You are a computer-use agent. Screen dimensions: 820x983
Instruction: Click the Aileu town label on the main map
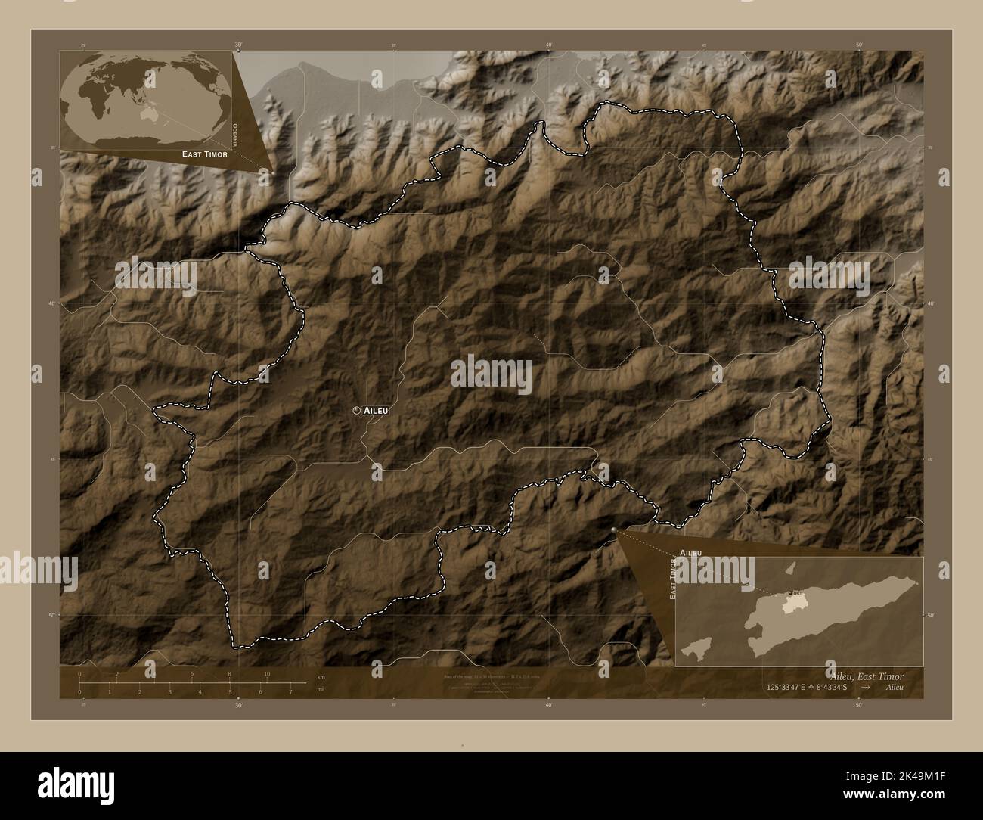[x=376, y=410]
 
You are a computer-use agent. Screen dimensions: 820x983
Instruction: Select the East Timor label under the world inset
[x=204, y=154]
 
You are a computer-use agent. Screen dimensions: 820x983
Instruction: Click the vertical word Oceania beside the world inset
[x=236, y=133]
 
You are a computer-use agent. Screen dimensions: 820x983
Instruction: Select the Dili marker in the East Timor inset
[x=790, y=592]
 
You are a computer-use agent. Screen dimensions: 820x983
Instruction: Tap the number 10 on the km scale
[x=267, y=674]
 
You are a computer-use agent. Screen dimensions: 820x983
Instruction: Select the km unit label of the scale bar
[x=321, y=676]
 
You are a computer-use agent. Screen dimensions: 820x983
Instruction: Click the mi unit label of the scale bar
[x=321, y=689]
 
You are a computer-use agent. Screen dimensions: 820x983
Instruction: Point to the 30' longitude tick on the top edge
[x=238, y=45]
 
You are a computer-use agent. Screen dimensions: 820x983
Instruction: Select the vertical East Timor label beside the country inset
[x=671, y=580]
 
